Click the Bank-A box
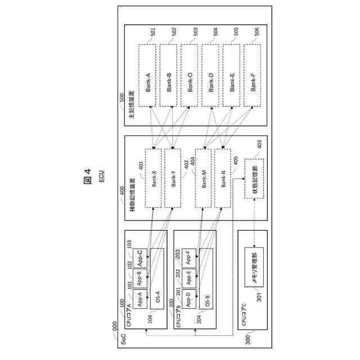pyautogui.click(x=148, y=75)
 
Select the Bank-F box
pyautogui.click(x=253, y=75)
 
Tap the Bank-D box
pyautogui.click(x=211, y=75)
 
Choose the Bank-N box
pyautogui.click(x=223, y=177)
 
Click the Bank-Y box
pyautogui.click(x=173, y=177)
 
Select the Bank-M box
pyautogui.click(x=204, y=177)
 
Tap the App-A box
pyautogui.click(x=139, y=297)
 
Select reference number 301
pyautogui.click(x=259, y=299)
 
